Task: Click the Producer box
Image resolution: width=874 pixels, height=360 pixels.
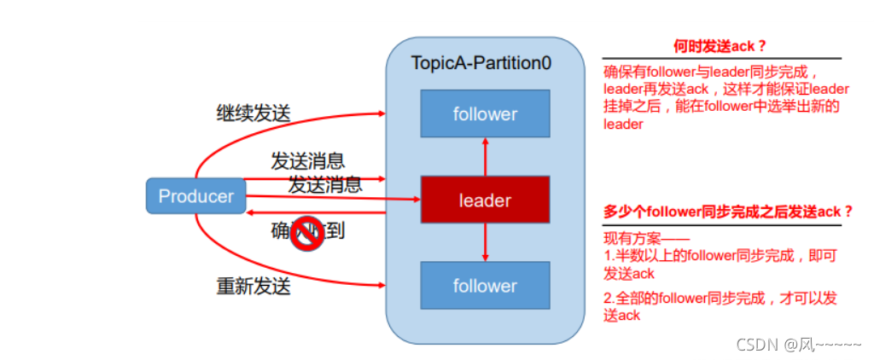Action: point(195,196)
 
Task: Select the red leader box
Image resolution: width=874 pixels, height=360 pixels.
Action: point(485,200)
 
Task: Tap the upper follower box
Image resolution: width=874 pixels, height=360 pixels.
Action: point(485,113)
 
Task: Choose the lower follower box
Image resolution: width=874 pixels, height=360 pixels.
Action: point(485,286)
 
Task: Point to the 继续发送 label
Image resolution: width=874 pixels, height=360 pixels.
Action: point(253,113)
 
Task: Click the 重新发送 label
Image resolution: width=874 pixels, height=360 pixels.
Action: point(253,286)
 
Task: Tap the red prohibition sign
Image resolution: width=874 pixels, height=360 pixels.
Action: point(305,235)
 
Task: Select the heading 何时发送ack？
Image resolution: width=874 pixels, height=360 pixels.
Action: point(715,46)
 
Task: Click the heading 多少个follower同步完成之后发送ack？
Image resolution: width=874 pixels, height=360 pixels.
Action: point(728,212)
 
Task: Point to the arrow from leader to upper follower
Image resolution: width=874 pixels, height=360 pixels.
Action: point(485,157)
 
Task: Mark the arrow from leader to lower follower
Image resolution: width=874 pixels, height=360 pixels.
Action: point(485,243)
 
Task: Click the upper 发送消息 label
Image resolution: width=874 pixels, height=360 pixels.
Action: point(307,160)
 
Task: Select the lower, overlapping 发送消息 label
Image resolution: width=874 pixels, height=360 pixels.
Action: point(324,183)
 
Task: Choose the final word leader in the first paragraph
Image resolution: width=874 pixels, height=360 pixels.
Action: point(622,125)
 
